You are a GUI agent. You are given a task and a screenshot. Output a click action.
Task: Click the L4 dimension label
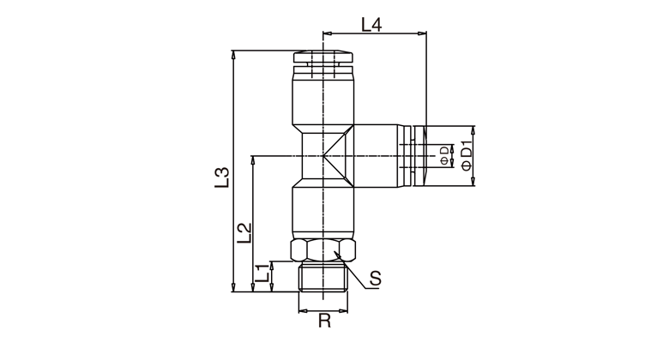coord(371,25)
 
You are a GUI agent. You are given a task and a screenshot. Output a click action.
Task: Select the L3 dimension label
coord(222,178)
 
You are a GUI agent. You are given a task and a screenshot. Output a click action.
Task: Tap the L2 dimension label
coord(244,233)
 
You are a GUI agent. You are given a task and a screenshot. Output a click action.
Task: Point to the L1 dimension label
coord(263,273)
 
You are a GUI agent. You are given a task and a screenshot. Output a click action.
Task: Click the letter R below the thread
coord(324,321)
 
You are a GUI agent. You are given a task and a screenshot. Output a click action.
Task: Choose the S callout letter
coord(375,279)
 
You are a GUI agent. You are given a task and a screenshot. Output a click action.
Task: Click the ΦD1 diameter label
coord(467,156)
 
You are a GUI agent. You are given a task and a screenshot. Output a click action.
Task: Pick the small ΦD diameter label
coord(444,155)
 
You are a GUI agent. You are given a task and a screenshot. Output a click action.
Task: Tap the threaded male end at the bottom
coord(323,276)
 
